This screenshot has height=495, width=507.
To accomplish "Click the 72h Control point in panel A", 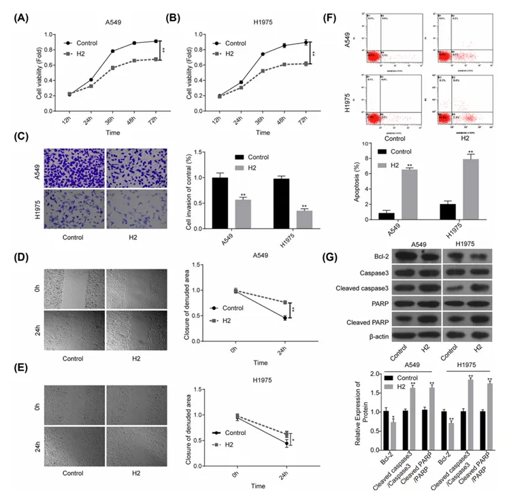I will point(157,41).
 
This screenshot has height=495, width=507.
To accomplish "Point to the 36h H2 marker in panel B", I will point(263,71).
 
